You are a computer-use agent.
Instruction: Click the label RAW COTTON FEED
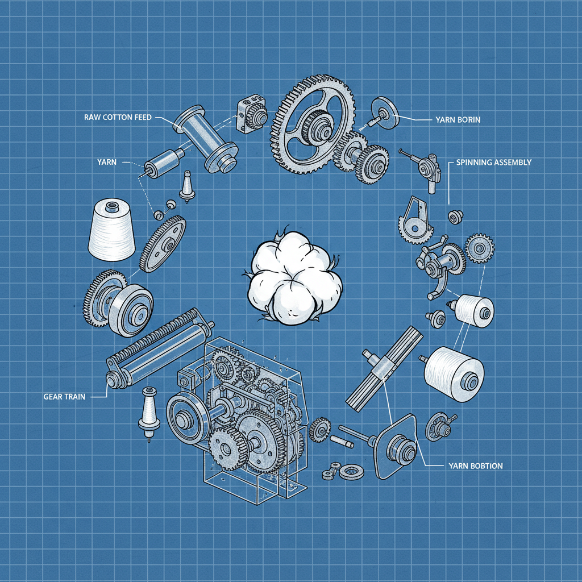118,117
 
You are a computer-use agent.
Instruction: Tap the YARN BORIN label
458,120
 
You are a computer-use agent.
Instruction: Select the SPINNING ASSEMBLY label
494,162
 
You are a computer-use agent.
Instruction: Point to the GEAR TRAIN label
64,397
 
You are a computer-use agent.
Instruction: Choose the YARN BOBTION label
476,466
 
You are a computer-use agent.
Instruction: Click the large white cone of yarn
111,229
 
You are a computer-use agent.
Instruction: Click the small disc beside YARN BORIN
385,113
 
